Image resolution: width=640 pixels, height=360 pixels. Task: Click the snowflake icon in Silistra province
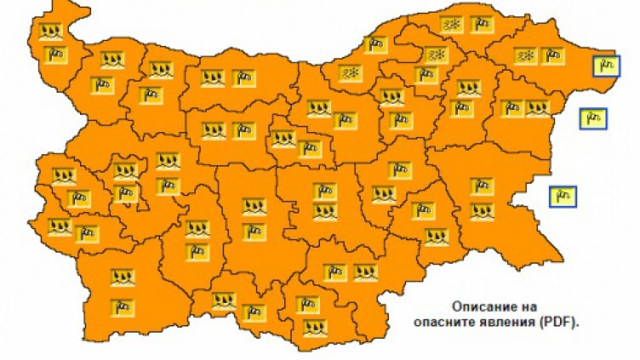coord(450,26)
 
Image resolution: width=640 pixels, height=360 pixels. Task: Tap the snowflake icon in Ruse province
coord(349,73)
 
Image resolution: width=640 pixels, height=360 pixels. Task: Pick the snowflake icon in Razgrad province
coord(436,56)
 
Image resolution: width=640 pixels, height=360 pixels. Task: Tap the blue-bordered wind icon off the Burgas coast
coord(562,196)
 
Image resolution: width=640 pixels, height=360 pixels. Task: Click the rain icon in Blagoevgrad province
coord(123,277)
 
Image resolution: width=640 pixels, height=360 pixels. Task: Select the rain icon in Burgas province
coord(481,210)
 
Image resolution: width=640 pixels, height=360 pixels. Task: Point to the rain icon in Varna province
coord(536,109)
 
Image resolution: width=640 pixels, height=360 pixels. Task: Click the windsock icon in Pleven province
coord(243,78)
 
